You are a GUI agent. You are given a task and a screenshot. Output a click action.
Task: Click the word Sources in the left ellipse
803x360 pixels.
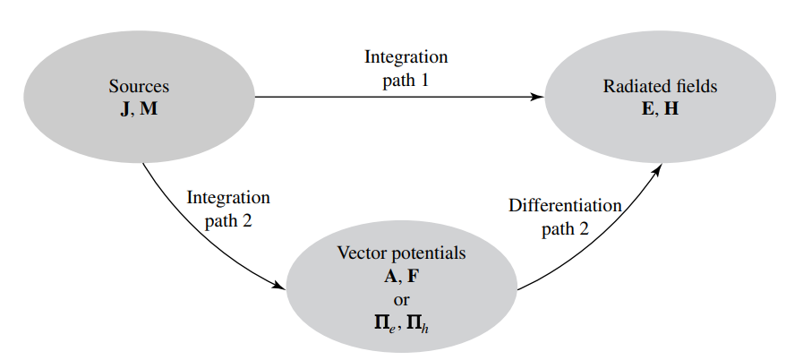139,88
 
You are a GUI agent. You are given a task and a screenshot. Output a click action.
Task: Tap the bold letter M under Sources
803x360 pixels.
149,107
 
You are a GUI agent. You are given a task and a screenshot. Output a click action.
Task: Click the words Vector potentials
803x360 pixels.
401,253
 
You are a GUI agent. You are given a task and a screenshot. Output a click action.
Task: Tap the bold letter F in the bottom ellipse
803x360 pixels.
413,276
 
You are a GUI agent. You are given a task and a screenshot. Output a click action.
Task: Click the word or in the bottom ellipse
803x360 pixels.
401,299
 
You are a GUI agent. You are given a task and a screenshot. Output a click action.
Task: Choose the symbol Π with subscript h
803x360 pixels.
417,321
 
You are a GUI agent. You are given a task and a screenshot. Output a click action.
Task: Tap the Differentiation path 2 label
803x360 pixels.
565,217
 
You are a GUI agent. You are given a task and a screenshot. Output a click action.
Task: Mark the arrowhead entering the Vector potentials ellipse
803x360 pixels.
279,286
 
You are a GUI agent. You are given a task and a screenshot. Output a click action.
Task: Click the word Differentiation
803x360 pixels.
565,205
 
